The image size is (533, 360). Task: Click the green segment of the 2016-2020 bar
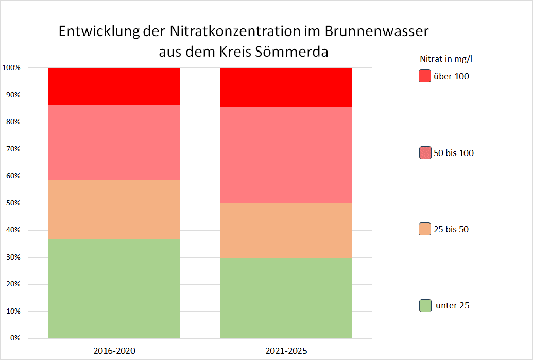[x=114, y=289]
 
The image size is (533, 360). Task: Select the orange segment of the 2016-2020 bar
[x=114, y=210]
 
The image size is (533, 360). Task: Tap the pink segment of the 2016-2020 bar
[x=114, y=143]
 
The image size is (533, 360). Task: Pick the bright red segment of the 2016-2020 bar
[x=114, y=87]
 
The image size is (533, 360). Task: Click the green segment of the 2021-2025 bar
[x=286, y=298]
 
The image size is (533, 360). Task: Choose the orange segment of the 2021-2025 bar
[x=286, y=230]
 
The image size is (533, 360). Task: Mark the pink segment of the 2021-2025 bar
[x=286, y=155]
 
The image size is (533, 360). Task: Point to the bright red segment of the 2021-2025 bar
[x=286, y=87]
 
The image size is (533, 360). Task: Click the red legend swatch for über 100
[x=424, y=76]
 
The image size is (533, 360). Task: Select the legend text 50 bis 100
[x=454, y=153]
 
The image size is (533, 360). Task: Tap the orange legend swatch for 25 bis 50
[x=424, y=229]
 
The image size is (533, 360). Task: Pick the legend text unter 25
[x=452, y=305]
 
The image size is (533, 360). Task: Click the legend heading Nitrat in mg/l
[x=446, y=59]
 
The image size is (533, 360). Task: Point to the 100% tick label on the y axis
[x=11, y=68]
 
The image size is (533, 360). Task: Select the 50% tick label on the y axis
[x=12, y=203]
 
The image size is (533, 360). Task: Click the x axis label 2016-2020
[x=114, y=351]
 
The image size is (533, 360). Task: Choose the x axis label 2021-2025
[x=286, y=351]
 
